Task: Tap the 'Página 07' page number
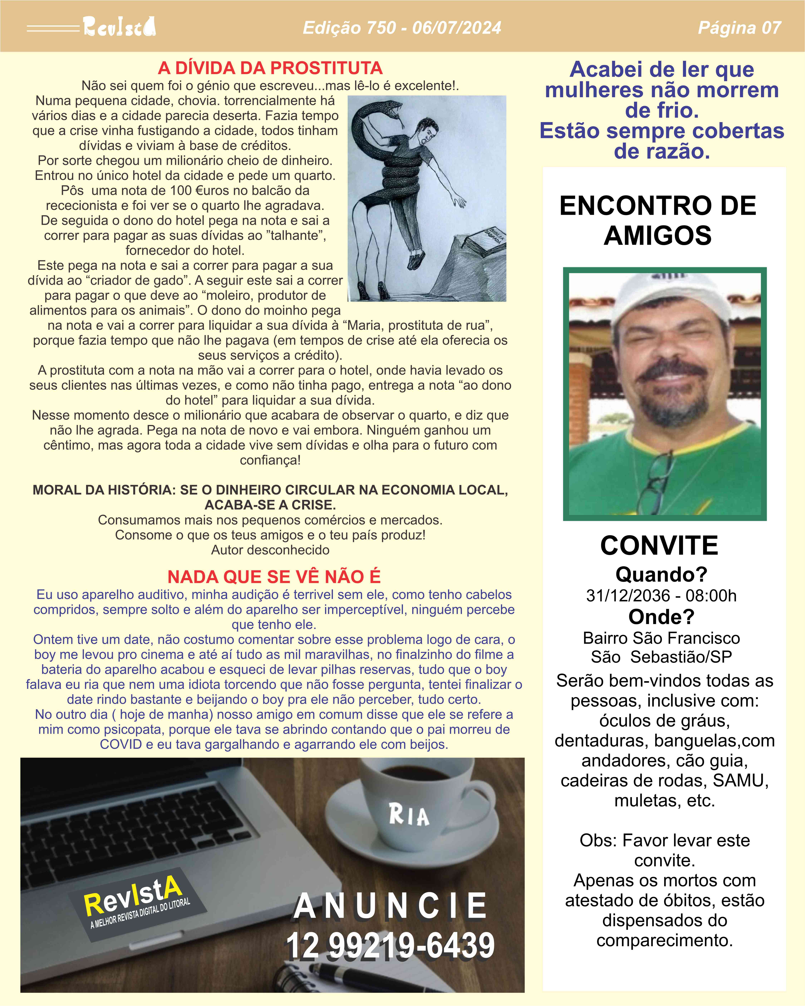pyautogui.click(x=739, y=28)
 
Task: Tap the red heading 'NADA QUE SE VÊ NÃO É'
pyautogui.click(x=274, y=577)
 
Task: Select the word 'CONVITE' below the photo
pyautogui.click(x=659, y=545)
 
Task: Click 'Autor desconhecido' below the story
pyautogui.click(x=270, y=550)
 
